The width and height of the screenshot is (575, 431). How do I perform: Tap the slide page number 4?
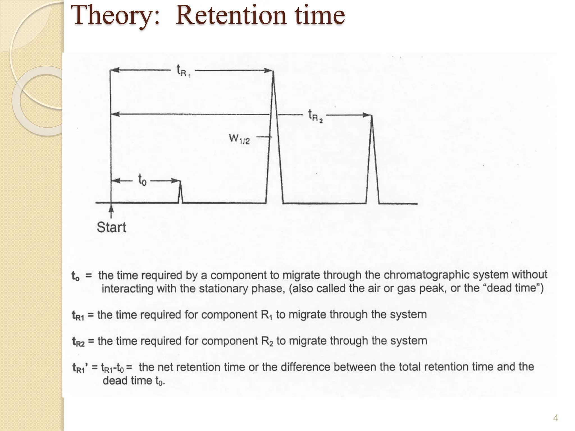[x=555, y=418]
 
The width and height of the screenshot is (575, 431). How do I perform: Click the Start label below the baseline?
[x=111, y=227]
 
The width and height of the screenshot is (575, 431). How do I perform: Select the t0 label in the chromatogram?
[x=142, y=180]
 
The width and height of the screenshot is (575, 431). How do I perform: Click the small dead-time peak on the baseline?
[x=181, y=192]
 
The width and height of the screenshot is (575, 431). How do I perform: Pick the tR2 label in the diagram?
[x=315, y=116]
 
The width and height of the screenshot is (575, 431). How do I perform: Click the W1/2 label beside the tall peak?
[x=239, y=139]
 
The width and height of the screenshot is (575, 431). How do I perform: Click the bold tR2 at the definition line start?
[x=78, y=341]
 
